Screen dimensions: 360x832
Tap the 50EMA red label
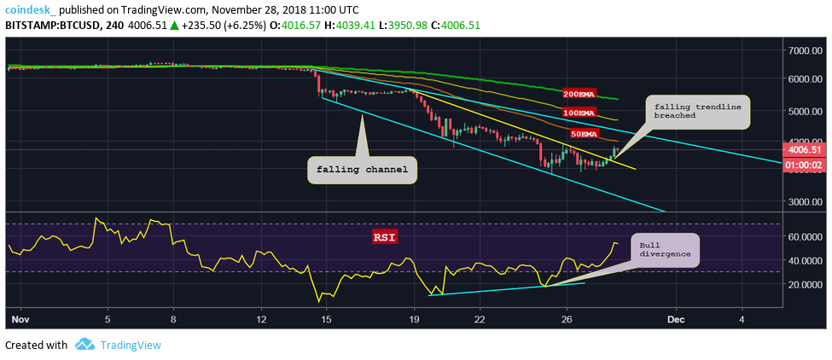pos(584,134)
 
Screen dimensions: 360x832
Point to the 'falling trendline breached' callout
pos(699,112)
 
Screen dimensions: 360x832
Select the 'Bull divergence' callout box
pos(666,249)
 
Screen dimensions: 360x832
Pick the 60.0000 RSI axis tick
pos(803,237)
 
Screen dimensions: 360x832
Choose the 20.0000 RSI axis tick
pos(803,284)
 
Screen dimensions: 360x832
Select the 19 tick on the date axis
pos(415,320)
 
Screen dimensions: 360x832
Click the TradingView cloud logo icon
pos(84,345)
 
